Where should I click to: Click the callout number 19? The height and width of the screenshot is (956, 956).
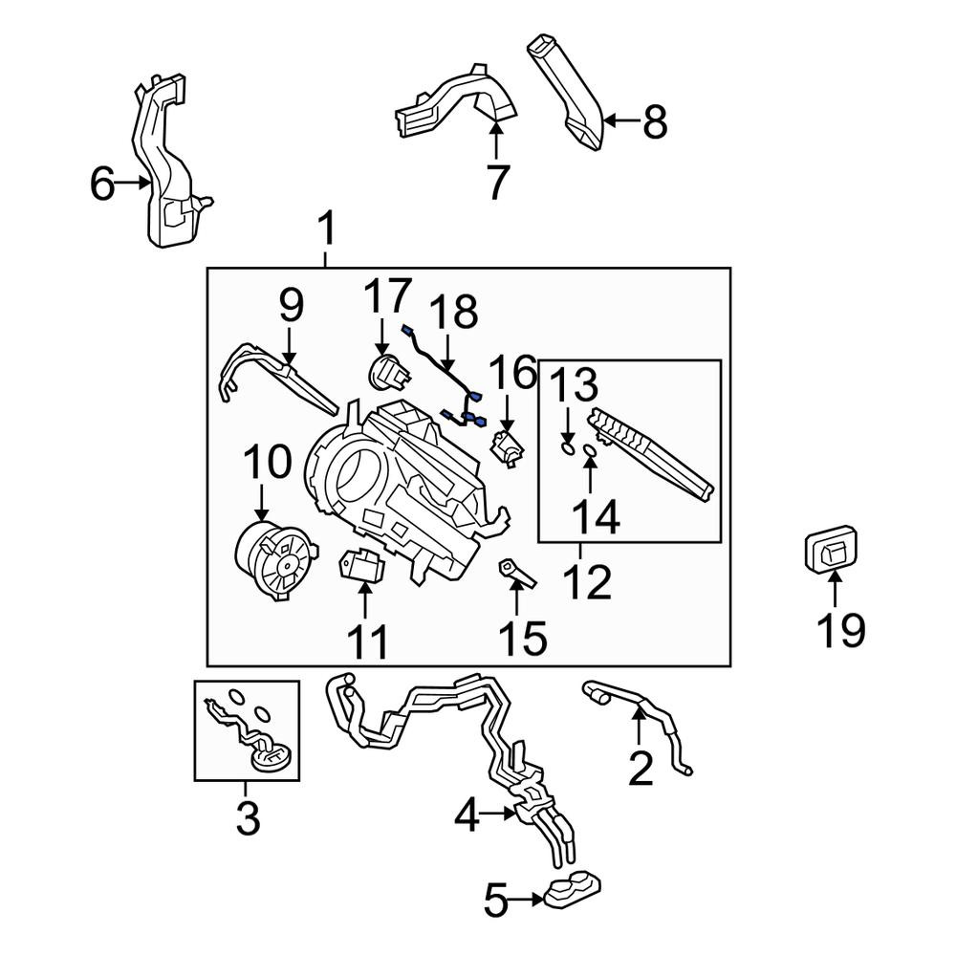(840, 630)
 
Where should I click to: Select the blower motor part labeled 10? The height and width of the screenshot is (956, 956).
(275, 560)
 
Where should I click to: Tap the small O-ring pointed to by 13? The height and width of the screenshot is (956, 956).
(567, 449)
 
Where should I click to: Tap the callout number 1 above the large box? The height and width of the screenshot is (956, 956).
(327, 228)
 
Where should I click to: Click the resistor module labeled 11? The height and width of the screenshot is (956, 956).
(362, 565)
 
